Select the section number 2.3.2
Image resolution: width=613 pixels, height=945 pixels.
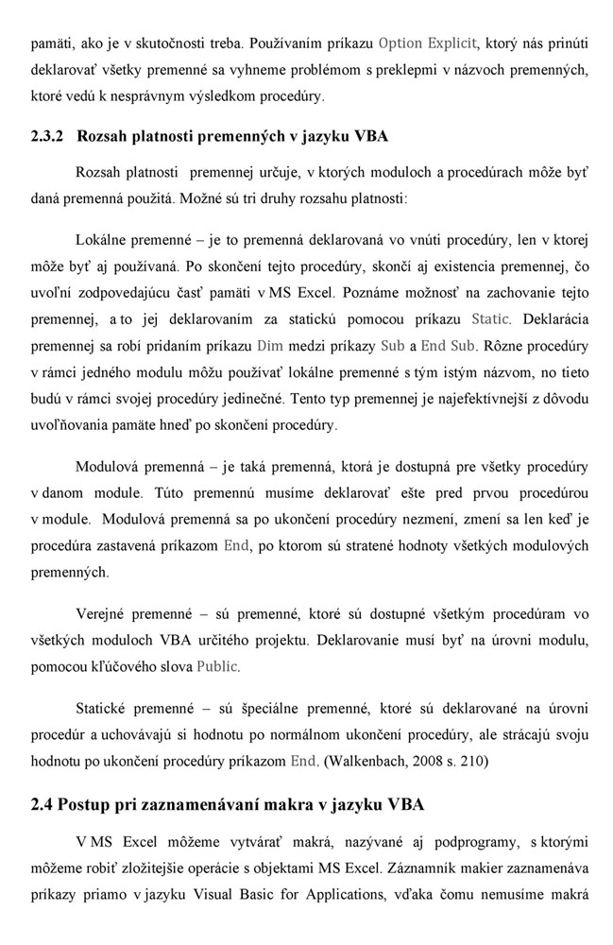46,136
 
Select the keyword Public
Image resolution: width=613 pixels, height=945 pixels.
218,666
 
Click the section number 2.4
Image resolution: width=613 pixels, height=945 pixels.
42,804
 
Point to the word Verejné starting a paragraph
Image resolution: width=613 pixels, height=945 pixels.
104,613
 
